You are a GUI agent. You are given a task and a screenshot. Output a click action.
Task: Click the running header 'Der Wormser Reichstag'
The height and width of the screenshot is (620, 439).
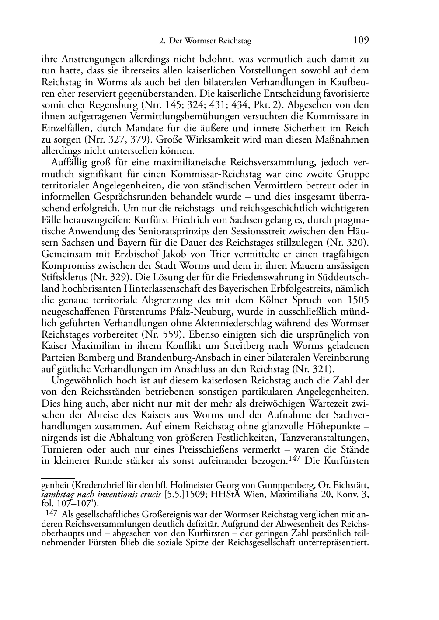(210, 42)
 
